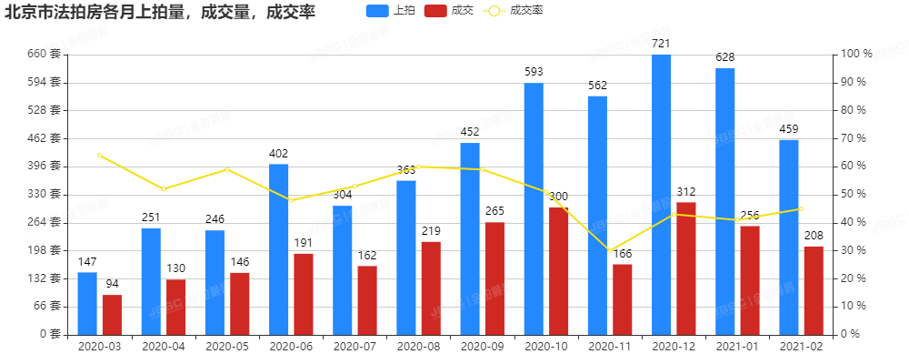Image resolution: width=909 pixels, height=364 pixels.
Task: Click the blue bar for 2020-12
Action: pos(661,194)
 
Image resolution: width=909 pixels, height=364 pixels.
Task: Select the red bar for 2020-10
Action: pos(558,270)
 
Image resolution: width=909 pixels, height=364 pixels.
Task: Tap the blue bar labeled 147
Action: pos(87,303)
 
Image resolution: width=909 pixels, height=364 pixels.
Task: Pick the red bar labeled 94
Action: pos(112,314)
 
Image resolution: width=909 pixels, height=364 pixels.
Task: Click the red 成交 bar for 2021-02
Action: pos(814,289)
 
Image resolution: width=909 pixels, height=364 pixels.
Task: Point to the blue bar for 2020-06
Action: pos(278,248)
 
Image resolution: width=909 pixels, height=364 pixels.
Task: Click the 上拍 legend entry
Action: pos(388,11)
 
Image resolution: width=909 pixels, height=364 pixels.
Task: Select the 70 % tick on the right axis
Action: pos(854,138)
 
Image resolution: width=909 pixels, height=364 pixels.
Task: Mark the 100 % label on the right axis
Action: pos(856,55)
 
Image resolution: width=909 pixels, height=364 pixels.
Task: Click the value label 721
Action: pos(661,44)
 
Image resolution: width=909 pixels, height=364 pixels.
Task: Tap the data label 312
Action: pos(686,192)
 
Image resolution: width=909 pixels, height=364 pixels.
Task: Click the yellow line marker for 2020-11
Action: pos(609,250)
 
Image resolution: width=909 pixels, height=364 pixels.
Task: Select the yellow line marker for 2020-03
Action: pos(100,156)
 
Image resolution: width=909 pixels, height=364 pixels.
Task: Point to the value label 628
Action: pos(724,57)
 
